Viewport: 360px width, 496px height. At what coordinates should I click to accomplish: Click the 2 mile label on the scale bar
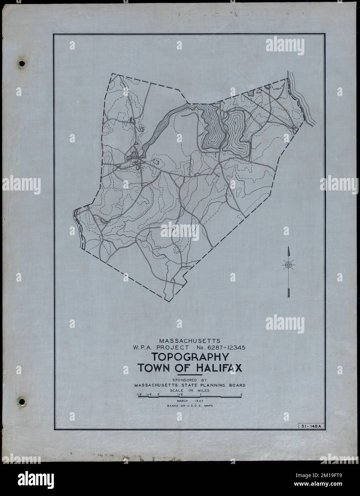(242, 394)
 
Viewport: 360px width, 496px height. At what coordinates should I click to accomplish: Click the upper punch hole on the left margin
(22, 64)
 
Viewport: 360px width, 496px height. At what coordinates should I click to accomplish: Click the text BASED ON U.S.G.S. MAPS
(189, 406)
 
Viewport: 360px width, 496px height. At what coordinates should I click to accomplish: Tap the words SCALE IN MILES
(189, 390)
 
